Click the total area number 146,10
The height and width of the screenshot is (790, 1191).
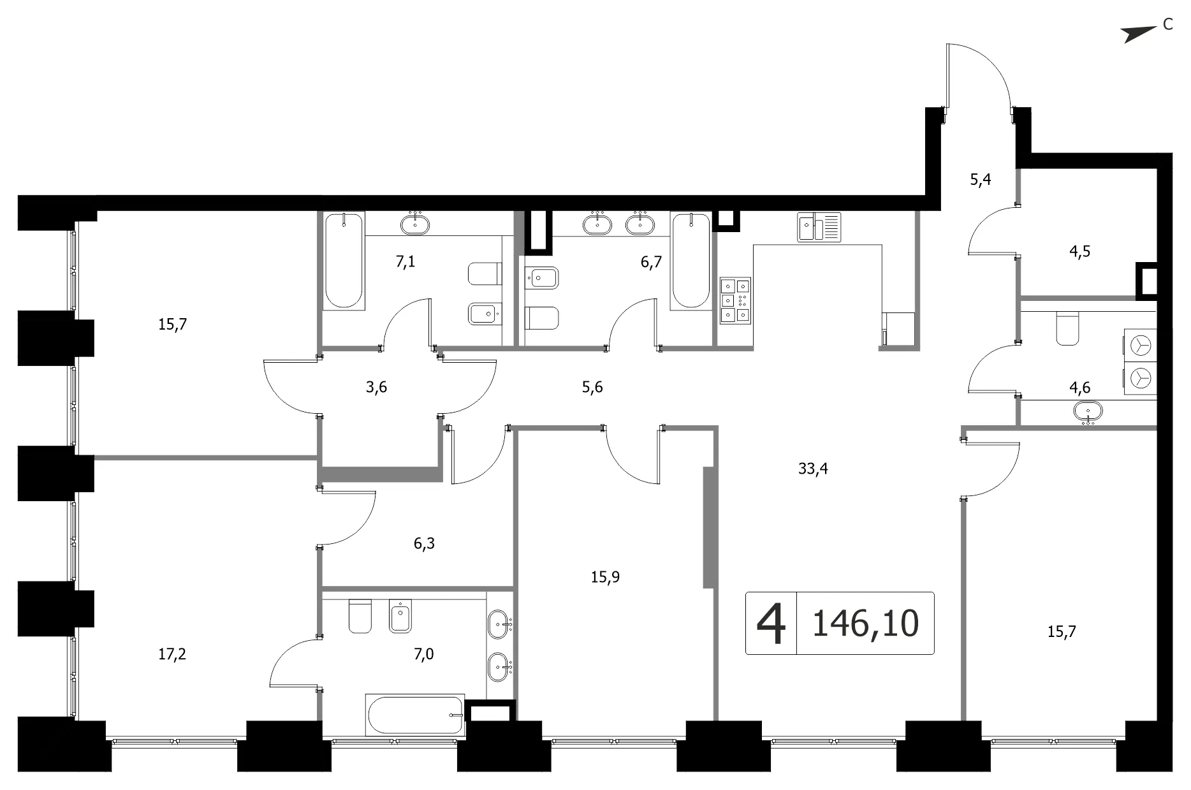pos(865,623)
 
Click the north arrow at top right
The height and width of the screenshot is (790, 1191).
pos(1139,34)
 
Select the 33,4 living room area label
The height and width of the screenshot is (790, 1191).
pos(813,469)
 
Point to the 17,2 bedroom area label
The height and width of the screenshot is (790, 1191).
pos(172,654)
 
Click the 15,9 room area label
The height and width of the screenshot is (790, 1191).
pos(605,577)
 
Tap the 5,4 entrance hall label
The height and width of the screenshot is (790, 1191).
pos(981,180)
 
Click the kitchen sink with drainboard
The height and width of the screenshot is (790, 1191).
pos(819,227)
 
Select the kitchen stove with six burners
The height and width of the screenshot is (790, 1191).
pos(735,299)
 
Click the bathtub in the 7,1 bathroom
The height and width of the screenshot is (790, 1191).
pos(344,261)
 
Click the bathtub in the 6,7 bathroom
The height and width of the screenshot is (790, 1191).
pos(691,261)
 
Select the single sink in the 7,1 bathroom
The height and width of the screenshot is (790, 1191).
pos(415,223)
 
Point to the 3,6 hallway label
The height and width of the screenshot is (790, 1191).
pos(376,387)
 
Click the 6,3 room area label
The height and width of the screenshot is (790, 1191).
pos(424,543)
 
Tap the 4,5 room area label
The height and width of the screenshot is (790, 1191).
pos(1079,252)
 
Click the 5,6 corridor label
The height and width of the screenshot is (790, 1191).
pos(592,387)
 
